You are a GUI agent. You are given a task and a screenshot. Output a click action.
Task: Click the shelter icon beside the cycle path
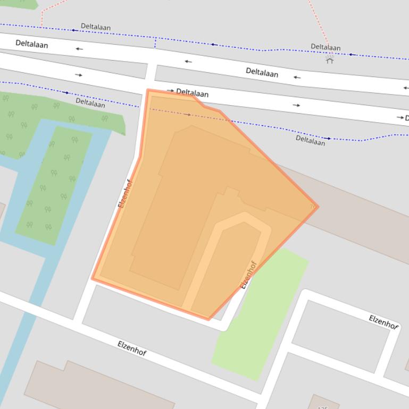330,59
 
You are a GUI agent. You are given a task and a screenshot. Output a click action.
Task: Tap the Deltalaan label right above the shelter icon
325,47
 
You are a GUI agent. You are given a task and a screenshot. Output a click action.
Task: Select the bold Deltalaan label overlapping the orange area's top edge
192,93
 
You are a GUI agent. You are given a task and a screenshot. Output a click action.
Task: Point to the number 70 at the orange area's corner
312,206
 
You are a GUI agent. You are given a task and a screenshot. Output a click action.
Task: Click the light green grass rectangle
261,313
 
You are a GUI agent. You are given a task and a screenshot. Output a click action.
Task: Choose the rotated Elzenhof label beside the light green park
248,274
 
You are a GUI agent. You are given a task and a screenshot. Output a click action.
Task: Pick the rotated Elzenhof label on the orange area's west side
124,193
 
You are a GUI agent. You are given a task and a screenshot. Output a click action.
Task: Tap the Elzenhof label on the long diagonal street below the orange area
131,348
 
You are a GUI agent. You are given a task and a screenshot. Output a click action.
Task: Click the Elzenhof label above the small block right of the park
383,321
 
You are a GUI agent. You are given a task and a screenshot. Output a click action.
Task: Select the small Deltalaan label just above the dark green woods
90,103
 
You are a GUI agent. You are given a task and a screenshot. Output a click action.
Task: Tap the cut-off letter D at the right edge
406,117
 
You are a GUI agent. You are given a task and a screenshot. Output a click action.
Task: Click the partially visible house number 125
322,407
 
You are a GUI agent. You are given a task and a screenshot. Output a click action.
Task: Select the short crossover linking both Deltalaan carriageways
151,71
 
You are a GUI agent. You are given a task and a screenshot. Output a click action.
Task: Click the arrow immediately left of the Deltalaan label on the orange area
170,91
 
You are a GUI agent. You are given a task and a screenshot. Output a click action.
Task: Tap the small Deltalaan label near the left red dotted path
95,26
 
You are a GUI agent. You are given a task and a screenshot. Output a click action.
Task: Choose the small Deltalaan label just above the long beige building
310,140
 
